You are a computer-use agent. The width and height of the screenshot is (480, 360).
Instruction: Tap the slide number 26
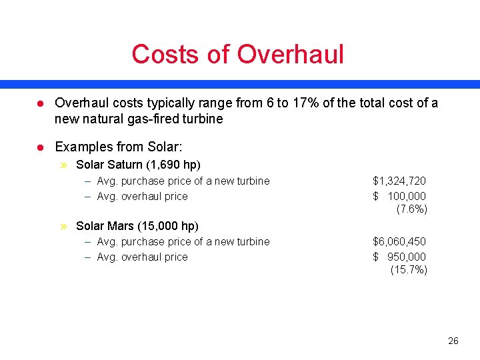453,341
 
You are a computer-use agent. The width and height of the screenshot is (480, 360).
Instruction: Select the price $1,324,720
399,181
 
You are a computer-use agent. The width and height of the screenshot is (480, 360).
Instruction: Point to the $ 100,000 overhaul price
399,196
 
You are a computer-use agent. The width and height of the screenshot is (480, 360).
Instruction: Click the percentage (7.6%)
411,209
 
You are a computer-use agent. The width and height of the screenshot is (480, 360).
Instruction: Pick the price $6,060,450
399,241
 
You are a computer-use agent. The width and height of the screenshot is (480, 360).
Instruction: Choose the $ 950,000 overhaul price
399,257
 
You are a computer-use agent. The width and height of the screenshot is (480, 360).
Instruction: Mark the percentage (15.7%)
409,269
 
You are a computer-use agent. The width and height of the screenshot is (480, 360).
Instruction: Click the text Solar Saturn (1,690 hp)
138,164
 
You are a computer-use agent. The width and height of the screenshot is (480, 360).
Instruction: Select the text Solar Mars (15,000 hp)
137,226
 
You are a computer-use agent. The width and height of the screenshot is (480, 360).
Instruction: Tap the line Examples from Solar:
119,146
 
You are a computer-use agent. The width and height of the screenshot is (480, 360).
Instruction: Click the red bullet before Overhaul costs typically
40,103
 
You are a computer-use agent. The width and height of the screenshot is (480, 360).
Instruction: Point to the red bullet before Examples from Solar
40,147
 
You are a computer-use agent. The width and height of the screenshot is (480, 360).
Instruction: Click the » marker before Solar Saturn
64,165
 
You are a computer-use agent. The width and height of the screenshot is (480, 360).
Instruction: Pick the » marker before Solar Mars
64,226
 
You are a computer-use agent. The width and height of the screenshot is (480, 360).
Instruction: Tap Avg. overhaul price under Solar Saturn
142,196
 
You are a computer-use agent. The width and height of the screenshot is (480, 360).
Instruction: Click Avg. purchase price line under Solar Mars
183,241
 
